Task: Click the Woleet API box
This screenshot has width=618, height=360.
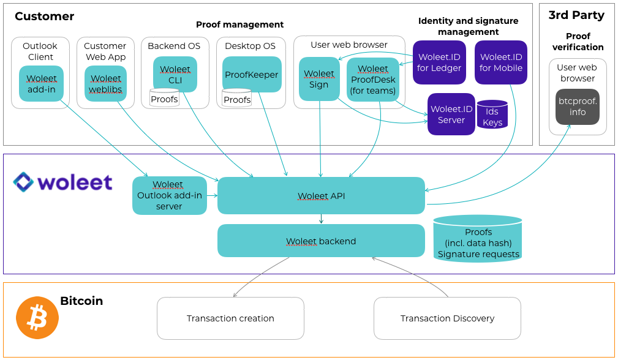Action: (x=321, y=196)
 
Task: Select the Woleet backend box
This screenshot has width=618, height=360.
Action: (x=321, y=241)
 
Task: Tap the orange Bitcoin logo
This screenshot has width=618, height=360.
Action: (x=37, y=318)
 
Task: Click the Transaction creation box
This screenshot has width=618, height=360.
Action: (x=230, y=318)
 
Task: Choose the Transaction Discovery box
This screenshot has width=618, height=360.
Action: (x=447, y=318)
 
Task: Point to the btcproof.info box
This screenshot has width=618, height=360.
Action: (x=578, y=107)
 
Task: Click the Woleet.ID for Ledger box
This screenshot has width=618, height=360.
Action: (x=439, y=62)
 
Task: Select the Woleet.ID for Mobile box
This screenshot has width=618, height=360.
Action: (x=500, y=62)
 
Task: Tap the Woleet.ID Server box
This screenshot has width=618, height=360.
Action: (x=451, y=114)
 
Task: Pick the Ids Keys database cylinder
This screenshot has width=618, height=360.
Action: (x=492, y=114)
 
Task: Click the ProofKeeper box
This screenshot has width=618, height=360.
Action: (x=252, y=75)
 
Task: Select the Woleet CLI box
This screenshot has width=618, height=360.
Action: (x=175, y=74)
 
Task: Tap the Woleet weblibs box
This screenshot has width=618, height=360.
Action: (x=105, y=84)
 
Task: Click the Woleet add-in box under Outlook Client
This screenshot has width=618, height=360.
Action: (x=42, y=84)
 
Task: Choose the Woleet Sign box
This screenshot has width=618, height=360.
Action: (x=319, y=79)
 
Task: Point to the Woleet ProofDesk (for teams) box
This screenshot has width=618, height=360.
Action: (x=373, y=80)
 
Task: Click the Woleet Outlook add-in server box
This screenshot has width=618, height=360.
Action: (x=169, y=195)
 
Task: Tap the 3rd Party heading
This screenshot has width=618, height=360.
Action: (x=576, y=15)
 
